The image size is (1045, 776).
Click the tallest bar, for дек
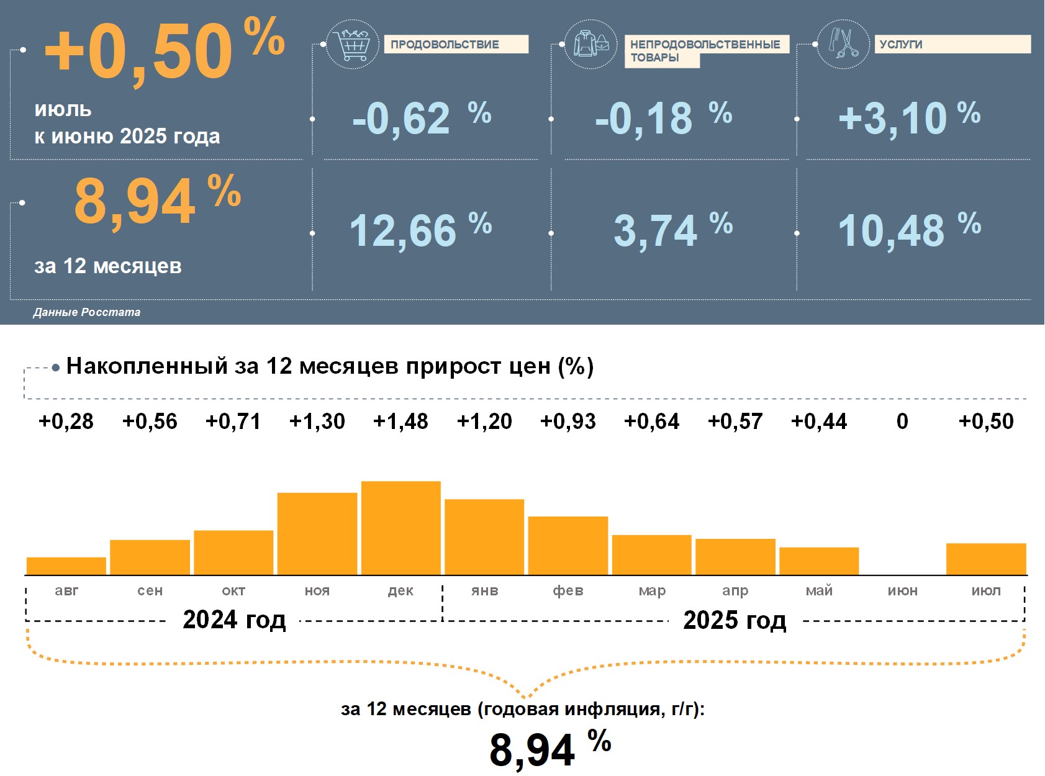400,528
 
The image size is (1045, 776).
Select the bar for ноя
317,533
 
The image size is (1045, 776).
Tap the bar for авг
66,566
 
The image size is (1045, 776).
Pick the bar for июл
985,559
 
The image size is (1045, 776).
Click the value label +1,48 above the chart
400,422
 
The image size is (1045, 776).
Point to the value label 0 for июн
902,422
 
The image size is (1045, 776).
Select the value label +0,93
568,422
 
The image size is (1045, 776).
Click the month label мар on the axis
651,590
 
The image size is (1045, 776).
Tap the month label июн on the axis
902,590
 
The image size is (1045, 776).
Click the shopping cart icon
352,44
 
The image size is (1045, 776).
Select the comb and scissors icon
843,43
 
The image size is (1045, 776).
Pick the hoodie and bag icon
590,44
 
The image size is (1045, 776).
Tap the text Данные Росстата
87,312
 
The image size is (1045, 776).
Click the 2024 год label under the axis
234,620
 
